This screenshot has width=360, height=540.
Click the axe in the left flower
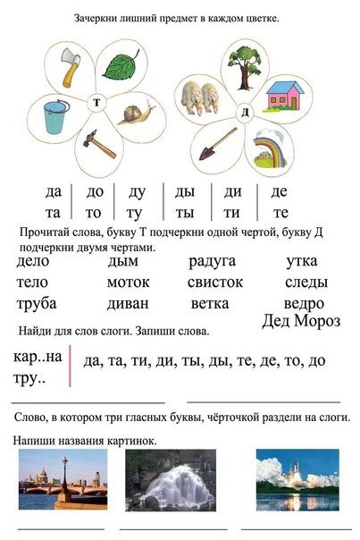71,67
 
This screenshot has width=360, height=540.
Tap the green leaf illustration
121,65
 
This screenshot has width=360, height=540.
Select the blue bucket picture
55,116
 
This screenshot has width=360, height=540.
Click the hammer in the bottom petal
99,144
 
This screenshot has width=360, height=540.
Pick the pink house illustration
285,97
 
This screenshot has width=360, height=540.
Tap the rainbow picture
271,148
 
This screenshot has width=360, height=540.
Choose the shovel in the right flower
218,144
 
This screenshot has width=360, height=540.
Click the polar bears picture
199,98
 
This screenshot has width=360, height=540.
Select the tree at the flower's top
245,68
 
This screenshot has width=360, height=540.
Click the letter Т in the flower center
96,103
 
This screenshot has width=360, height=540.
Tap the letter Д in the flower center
245,113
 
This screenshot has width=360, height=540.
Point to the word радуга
212,261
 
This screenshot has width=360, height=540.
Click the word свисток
215,283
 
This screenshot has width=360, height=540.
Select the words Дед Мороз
301,321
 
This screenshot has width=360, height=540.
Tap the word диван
128,304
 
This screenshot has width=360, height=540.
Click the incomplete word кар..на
38,357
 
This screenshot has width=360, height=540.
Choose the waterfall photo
171,480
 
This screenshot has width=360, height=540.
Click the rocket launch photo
297,480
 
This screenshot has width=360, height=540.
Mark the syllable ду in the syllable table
137,192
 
